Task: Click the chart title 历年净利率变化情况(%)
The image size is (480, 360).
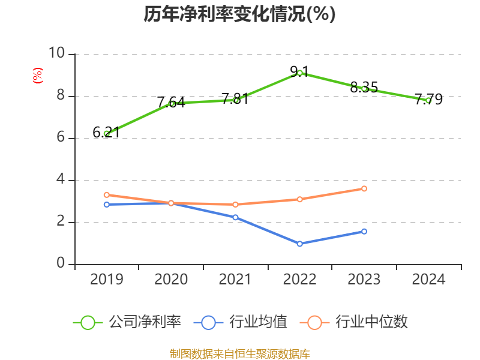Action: click(239, 14)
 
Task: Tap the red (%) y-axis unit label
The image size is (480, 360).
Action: click(37, 76)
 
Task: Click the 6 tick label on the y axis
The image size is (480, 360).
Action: click(60, 138)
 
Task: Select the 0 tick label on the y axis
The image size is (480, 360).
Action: click(60, 264)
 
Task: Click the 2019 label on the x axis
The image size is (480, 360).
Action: click(107, 280)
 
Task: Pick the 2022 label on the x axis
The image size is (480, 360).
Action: click(299, 280)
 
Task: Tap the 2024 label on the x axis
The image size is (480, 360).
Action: click(428, 280)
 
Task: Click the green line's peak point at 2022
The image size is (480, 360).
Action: click(300, 73)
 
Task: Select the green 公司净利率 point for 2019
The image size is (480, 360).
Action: click(107, 134)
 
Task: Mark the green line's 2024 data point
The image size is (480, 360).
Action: click(428, 100)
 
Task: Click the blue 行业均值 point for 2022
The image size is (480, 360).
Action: click(300, 244)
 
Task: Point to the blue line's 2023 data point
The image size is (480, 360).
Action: click(364, 231)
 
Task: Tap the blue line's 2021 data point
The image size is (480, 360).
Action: click(235, 217)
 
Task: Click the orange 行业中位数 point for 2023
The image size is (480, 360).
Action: click(364, 188)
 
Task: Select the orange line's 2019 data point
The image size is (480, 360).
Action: click(107, 194)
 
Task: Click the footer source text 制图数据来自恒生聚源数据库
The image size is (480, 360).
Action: click(240, 353)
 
